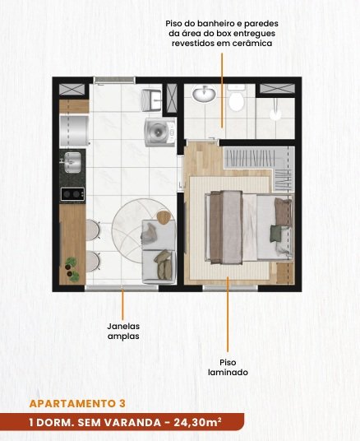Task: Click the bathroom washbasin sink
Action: (205, 93)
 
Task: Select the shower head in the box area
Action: (275, 114)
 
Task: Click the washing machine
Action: (160, 132)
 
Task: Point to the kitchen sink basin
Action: (72, 162)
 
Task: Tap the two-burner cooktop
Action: (73, 194)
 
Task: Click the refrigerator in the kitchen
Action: (74, 131)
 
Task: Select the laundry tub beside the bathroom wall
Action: (151, 100)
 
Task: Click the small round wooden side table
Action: (164, 217)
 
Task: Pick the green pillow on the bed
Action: (276, 234)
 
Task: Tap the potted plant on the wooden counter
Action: (72, 269)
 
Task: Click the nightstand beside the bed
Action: (285, 272)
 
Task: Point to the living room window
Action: (122, 287)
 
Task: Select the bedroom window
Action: (230, 288)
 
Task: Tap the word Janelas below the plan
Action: (123, 327)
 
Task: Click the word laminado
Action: (228, 373)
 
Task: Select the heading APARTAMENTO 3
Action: (77, 404)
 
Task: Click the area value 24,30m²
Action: (197, 422)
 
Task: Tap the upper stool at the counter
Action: (93, 230)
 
